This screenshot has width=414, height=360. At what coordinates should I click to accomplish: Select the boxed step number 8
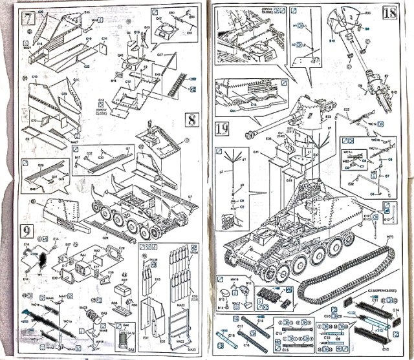(191, 120)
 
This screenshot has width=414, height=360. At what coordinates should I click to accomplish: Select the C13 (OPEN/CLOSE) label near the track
(379, 292)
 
